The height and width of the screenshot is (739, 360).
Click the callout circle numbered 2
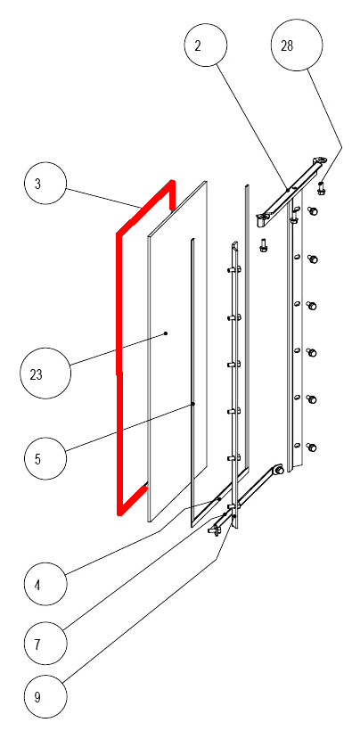tap(206, 45)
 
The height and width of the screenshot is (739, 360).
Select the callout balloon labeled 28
tap(297, 45)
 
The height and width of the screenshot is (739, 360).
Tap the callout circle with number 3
tap(45, 184)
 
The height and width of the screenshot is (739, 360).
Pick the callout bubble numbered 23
tap(45, 374)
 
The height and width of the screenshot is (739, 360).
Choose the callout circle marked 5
tap(45, 458)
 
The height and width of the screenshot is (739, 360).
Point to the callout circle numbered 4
tap(45, 585)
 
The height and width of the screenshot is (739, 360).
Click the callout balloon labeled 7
tap(45, 644)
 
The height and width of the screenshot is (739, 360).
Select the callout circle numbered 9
tap(45, 696)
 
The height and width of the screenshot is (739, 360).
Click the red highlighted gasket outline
tap(118, 373)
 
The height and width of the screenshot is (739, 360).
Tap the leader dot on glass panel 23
tap(166, 333)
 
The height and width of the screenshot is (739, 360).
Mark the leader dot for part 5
tap(192, 404)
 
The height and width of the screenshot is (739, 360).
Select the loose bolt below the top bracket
tap(264, 244)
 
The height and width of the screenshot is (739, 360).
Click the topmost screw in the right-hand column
tap(312, 211)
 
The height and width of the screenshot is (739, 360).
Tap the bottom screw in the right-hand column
tap(312, 447)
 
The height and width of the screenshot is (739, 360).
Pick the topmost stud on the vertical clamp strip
tap(234, 269)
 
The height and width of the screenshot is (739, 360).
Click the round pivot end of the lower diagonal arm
tap(277, 470)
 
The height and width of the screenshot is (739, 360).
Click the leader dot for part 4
tap(219, 499)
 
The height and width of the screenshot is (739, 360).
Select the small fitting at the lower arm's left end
tap(215, 530)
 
